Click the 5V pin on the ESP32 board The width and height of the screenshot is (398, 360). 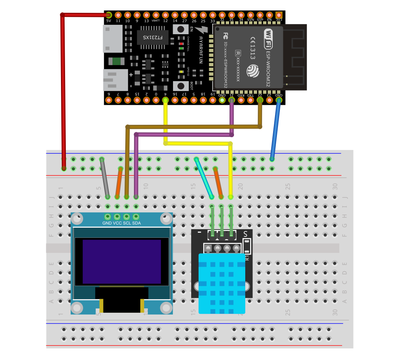pos(109,15)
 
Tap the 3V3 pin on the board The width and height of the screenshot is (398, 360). pos(279,15)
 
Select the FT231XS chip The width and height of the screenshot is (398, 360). pos(153,38)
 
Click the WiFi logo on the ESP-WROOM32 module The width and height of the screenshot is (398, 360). pos(268,39)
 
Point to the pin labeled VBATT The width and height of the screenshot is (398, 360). pos(156,15)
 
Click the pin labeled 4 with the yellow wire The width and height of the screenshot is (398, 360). pos(165,100)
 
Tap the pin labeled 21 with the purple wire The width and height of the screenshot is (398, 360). pos(231,100)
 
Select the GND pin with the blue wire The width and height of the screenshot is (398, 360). pos(279,100)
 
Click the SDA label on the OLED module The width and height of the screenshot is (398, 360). pos(137,223)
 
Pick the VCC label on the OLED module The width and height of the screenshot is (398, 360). pos(117,223)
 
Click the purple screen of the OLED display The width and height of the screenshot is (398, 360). pos(122,262)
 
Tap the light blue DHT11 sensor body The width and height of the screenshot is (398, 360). pos(222,283)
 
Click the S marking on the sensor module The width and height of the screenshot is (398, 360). pos(245,233)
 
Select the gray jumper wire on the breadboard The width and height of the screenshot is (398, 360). pos(105,178)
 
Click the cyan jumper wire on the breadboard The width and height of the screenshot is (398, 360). pos(204,178)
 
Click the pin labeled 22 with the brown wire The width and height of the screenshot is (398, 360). pos(260,100)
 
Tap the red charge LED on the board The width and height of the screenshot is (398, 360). pos(182,44)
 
